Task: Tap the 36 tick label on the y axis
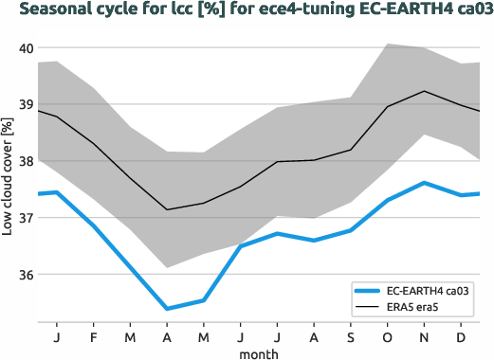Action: tap(26, 275)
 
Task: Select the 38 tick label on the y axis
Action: tap(26, 162)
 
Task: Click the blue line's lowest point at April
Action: tap(167, 309)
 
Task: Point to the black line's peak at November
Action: tap(426, 91)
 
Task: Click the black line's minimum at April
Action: tap(167, 209)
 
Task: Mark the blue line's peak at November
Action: tap(426, 183)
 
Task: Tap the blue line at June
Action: tap(241, 246)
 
